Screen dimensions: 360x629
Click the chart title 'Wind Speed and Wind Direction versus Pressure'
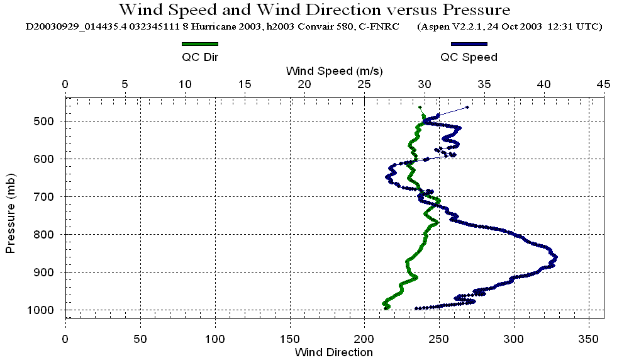coord(314,10)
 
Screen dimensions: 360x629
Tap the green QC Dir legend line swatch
coord(199,44)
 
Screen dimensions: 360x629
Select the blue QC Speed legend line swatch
coord(469,44)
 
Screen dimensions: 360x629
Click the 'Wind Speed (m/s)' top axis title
coord(334,70)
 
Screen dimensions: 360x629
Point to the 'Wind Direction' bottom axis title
coord(334,352)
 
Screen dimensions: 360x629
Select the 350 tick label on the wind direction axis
coord(589,338)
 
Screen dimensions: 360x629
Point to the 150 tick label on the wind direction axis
coord(290,338)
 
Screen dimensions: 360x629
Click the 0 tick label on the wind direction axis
coord(65,338)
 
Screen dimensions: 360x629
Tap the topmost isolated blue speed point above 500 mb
coord(467,107)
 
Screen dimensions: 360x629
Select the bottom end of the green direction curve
coord(386,308)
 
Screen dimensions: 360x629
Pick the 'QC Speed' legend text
coord(469,57)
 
